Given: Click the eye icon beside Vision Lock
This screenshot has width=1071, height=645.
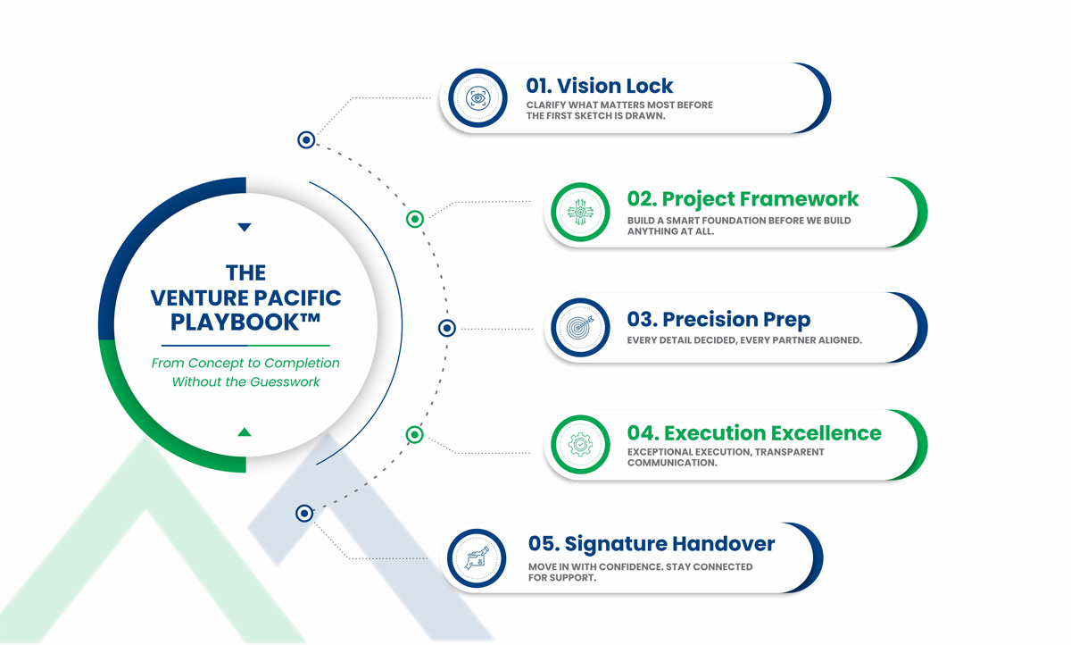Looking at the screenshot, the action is coord(477,98).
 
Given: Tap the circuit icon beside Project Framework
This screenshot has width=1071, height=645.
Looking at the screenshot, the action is coord(580,212).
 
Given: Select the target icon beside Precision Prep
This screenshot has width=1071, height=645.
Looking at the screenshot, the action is coord(580,327).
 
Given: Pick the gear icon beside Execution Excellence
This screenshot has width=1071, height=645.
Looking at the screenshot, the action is coord(580,445).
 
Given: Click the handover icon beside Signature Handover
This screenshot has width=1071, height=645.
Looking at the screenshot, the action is coord(477,558).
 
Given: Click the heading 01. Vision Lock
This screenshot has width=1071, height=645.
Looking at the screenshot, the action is coord(599,86).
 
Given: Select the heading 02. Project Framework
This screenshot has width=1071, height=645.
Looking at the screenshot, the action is coord(743,199).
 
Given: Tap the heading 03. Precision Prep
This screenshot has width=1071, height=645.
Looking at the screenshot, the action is coord(718,319).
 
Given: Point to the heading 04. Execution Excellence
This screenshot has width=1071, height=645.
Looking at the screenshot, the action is coord(754,433).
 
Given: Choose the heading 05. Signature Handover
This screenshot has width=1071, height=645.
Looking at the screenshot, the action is coord(652,544).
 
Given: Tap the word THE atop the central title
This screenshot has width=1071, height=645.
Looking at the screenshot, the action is coord(245,272).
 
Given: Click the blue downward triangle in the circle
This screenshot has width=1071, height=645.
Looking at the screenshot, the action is coord(245,227).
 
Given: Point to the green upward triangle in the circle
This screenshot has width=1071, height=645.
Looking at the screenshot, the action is coord(245,432).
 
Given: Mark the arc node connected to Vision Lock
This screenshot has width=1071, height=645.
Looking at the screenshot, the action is coord(306,139).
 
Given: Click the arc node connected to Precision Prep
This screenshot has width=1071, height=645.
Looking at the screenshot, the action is coord(446,328).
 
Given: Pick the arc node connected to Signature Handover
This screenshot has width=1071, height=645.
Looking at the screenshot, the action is coord(304,514).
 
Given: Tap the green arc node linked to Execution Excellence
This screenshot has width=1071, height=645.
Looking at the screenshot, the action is coord(414,435).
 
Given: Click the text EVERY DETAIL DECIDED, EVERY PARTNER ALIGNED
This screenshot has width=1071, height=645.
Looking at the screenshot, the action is coord(744,340).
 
